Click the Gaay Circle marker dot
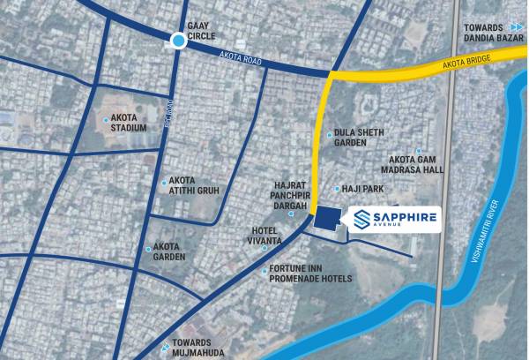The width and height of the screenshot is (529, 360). [179, 40]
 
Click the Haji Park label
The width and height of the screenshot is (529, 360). [361, 189]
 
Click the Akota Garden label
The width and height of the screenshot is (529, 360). [169, 252]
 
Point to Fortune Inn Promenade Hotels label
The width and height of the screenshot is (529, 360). [310, 274]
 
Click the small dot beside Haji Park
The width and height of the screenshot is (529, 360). [337, 189]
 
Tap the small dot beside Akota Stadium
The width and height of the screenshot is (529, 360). [106, 119]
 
